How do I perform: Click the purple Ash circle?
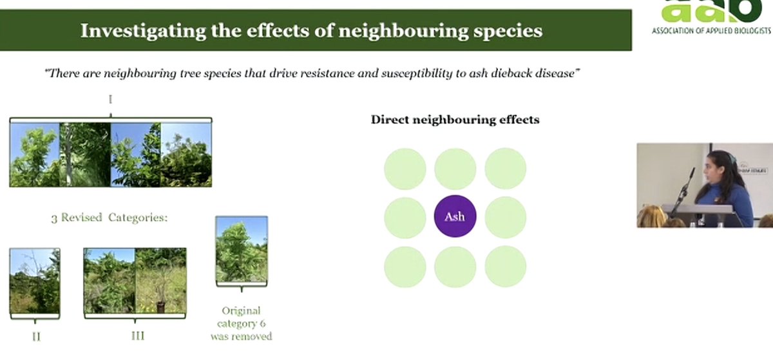(455, 216)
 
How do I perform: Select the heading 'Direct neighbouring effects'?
(455, 120)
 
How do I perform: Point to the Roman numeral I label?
(111, 100)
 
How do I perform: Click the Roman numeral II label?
(35, 336)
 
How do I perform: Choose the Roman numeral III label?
(135, 335)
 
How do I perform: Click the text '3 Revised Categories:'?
(109, 218)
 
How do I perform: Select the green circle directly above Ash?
(455, 169)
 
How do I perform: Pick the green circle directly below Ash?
(455, 266)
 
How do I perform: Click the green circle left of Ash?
(405, 217)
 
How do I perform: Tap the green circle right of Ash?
(505, 217)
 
